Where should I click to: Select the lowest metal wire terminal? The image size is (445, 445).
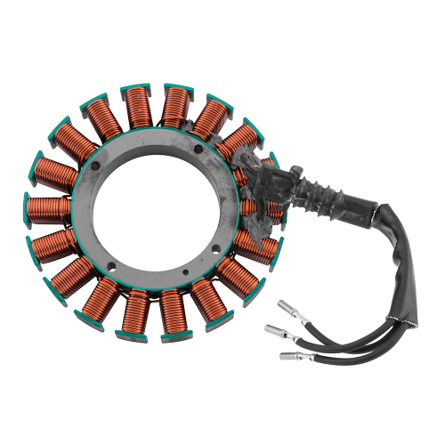(x=290, y=358)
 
